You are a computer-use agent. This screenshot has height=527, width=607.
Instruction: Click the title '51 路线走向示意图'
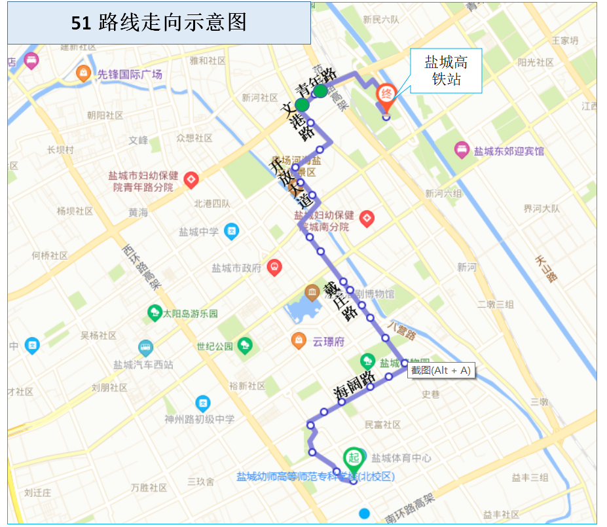pos(158,22)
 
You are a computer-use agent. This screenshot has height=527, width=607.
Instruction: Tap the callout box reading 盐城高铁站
pos(446,70)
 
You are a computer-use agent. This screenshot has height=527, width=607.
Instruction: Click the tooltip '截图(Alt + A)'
pos(441,371)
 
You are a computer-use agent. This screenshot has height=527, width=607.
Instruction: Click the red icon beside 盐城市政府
pos(274,267)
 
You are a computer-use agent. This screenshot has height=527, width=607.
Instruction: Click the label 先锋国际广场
pos(130,75)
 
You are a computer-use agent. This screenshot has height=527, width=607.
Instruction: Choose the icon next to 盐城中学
pos(231,231)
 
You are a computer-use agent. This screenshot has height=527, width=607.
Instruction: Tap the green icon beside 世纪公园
pos(245,345)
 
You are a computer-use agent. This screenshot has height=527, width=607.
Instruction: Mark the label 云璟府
pos(327,340)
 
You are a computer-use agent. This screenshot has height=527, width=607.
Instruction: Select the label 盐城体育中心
pos(401,458)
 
